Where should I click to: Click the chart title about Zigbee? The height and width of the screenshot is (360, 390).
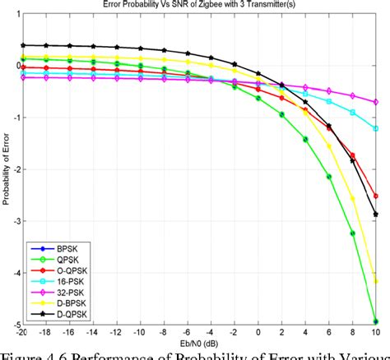[x=198, y=5]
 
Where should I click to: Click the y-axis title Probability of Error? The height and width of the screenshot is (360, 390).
[x=6, y=168]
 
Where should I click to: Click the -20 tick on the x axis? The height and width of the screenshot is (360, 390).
[x=23, y=331]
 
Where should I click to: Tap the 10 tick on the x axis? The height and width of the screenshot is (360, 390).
[x=375, y=331]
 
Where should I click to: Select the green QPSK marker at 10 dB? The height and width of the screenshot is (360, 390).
[x=376, y=321]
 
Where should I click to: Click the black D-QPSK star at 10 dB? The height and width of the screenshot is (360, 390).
[x=376, y=214]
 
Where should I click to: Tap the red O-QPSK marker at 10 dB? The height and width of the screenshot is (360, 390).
[x=376, y=196]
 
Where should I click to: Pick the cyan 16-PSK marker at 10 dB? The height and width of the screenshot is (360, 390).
[x=376, y=128]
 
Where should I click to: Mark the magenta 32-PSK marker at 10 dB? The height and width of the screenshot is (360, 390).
[x=376, y=102]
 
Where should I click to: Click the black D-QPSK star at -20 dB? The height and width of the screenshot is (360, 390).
[x=23, y=45]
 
